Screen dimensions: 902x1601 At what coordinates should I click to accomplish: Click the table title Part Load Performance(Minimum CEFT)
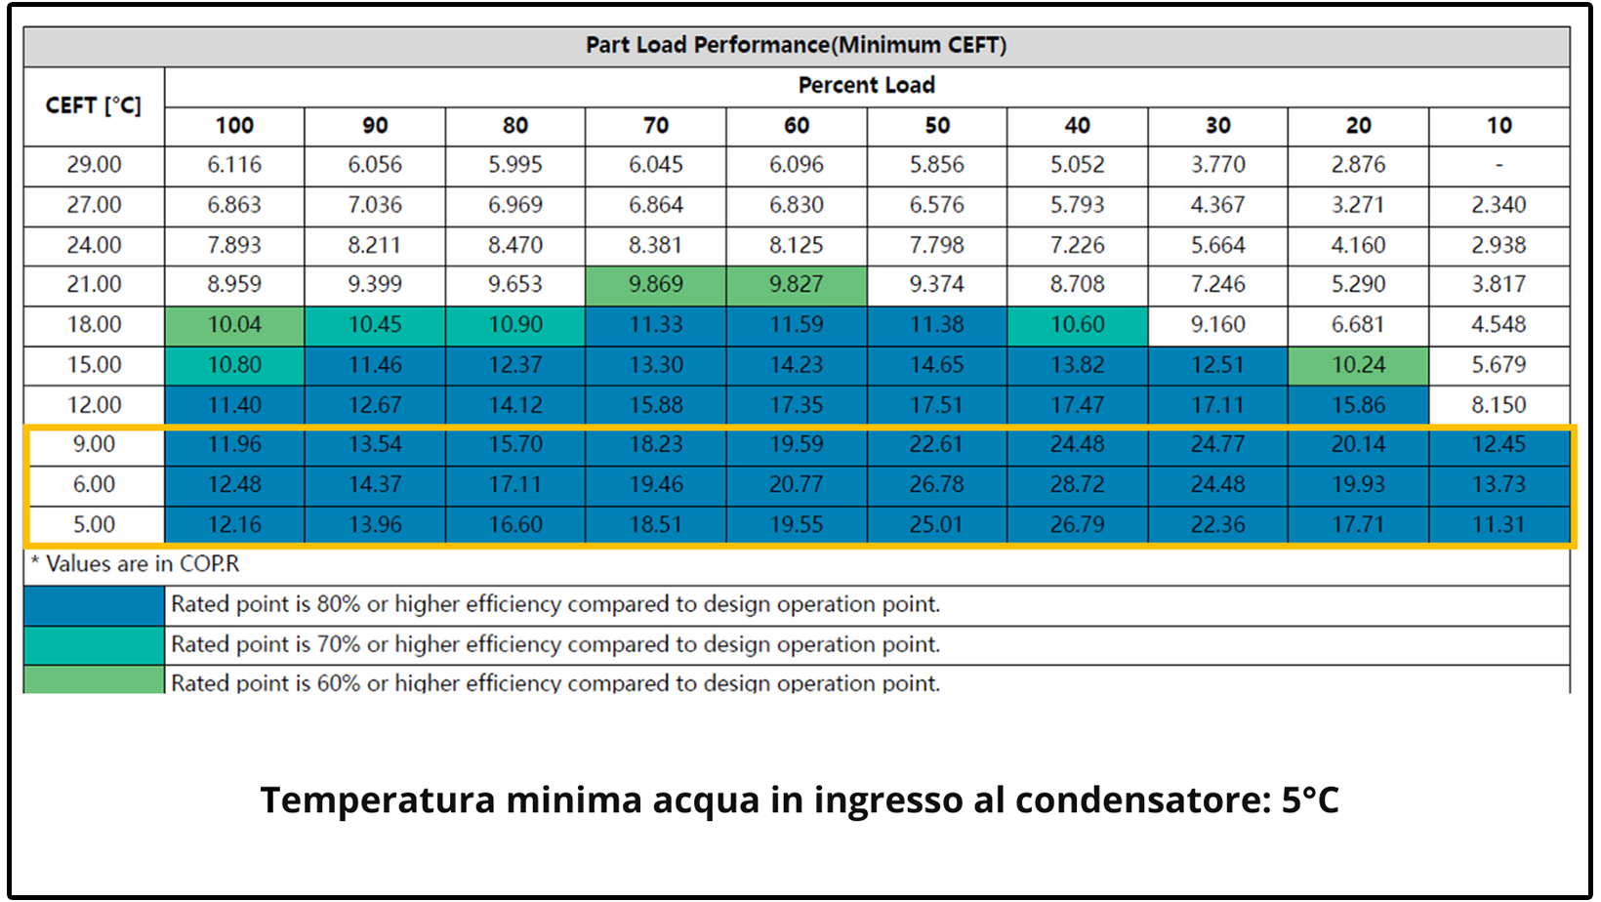point(796,45)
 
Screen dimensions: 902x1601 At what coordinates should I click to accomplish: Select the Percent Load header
point(866,86)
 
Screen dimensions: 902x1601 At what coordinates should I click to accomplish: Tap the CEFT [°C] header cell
point(94,105)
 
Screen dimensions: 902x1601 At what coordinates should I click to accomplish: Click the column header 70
point(655,126)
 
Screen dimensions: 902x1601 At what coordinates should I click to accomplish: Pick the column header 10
point(1498,126)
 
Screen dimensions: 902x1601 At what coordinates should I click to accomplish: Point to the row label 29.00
point(94,165)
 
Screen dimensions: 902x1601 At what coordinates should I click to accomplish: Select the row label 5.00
point(94,525)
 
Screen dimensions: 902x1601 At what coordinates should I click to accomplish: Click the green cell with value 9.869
point(655,285)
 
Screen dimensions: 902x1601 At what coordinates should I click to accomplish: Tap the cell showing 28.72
point(1077,485)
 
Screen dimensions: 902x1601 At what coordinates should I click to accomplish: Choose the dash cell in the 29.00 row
point(1498,165)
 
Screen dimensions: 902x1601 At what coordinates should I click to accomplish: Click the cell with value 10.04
point(234,325)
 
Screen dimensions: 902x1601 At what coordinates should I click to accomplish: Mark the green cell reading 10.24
point(1358,365)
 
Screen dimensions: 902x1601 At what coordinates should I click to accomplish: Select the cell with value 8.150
point(1498,405)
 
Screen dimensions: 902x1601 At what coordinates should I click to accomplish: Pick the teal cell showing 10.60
point(1077,325)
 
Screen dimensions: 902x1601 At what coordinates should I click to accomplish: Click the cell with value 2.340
point(1498,205)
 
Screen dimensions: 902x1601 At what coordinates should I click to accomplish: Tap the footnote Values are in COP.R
point(137,564)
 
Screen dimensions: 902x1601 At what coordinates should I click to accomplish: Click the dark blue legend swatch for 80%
point(94,605)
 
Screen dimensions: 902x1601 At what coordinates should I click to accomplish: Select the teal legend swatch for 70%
point(94,645)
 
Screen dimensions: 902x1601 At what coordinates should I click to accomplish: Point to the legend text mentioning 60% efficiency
point(554,683)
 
